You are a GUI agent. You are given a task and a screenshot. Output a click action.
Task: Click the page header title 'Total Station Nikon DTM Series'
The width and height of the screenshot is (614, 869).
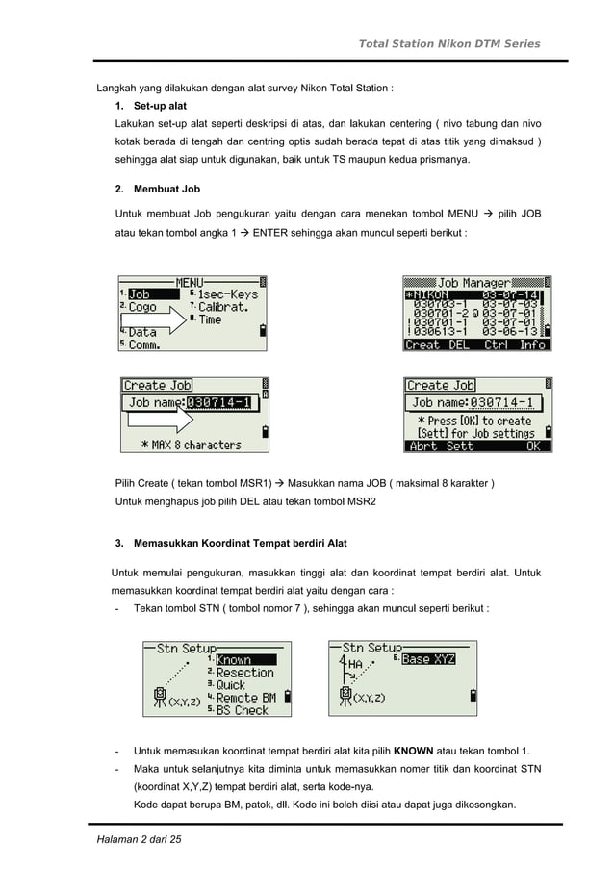tap(448, 43)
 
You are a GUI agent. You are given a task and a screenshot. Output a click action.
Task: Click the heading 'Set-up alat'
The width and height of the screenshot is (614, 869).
tap(160, 105)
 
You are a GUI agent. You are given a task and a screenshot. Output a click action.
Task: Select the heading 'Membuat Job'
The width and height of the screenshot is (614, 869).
tap(166, 189)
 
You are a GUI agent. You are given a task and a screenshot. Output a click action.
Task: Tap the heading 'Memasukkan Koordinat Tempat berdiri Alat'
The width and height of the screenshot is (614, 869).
tap(241, 544)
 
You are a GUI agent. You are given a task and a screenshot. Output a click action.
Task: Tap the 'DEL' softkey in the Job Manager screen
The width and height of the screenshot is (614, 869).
tap(460, 345)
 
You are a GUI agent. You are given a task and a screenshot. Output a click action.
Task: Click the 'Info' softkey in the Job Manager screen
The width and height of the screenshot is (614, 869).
tap(532, 345)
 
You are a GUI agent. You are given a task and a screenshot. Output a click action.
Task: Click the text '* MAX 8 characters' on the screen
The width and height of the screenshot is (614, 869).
tap(192, 445)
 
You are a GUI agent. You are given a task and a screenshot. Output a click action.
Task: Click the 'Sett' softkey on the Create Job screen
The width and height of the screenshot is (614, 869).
tap(460, 447)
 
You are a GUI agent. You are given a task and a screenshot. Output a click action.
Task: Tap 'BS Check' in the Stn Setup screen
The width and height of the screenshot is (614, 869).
tap(242, 710)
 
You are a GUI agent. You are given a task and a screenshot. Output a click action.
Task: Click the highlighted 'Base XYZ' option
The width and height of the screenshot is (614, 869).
tap(428, 659)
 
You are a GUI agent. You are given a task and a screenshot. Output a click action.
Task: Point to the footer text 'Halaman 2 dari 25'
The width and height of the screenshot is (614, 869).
tap(139, 841)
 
